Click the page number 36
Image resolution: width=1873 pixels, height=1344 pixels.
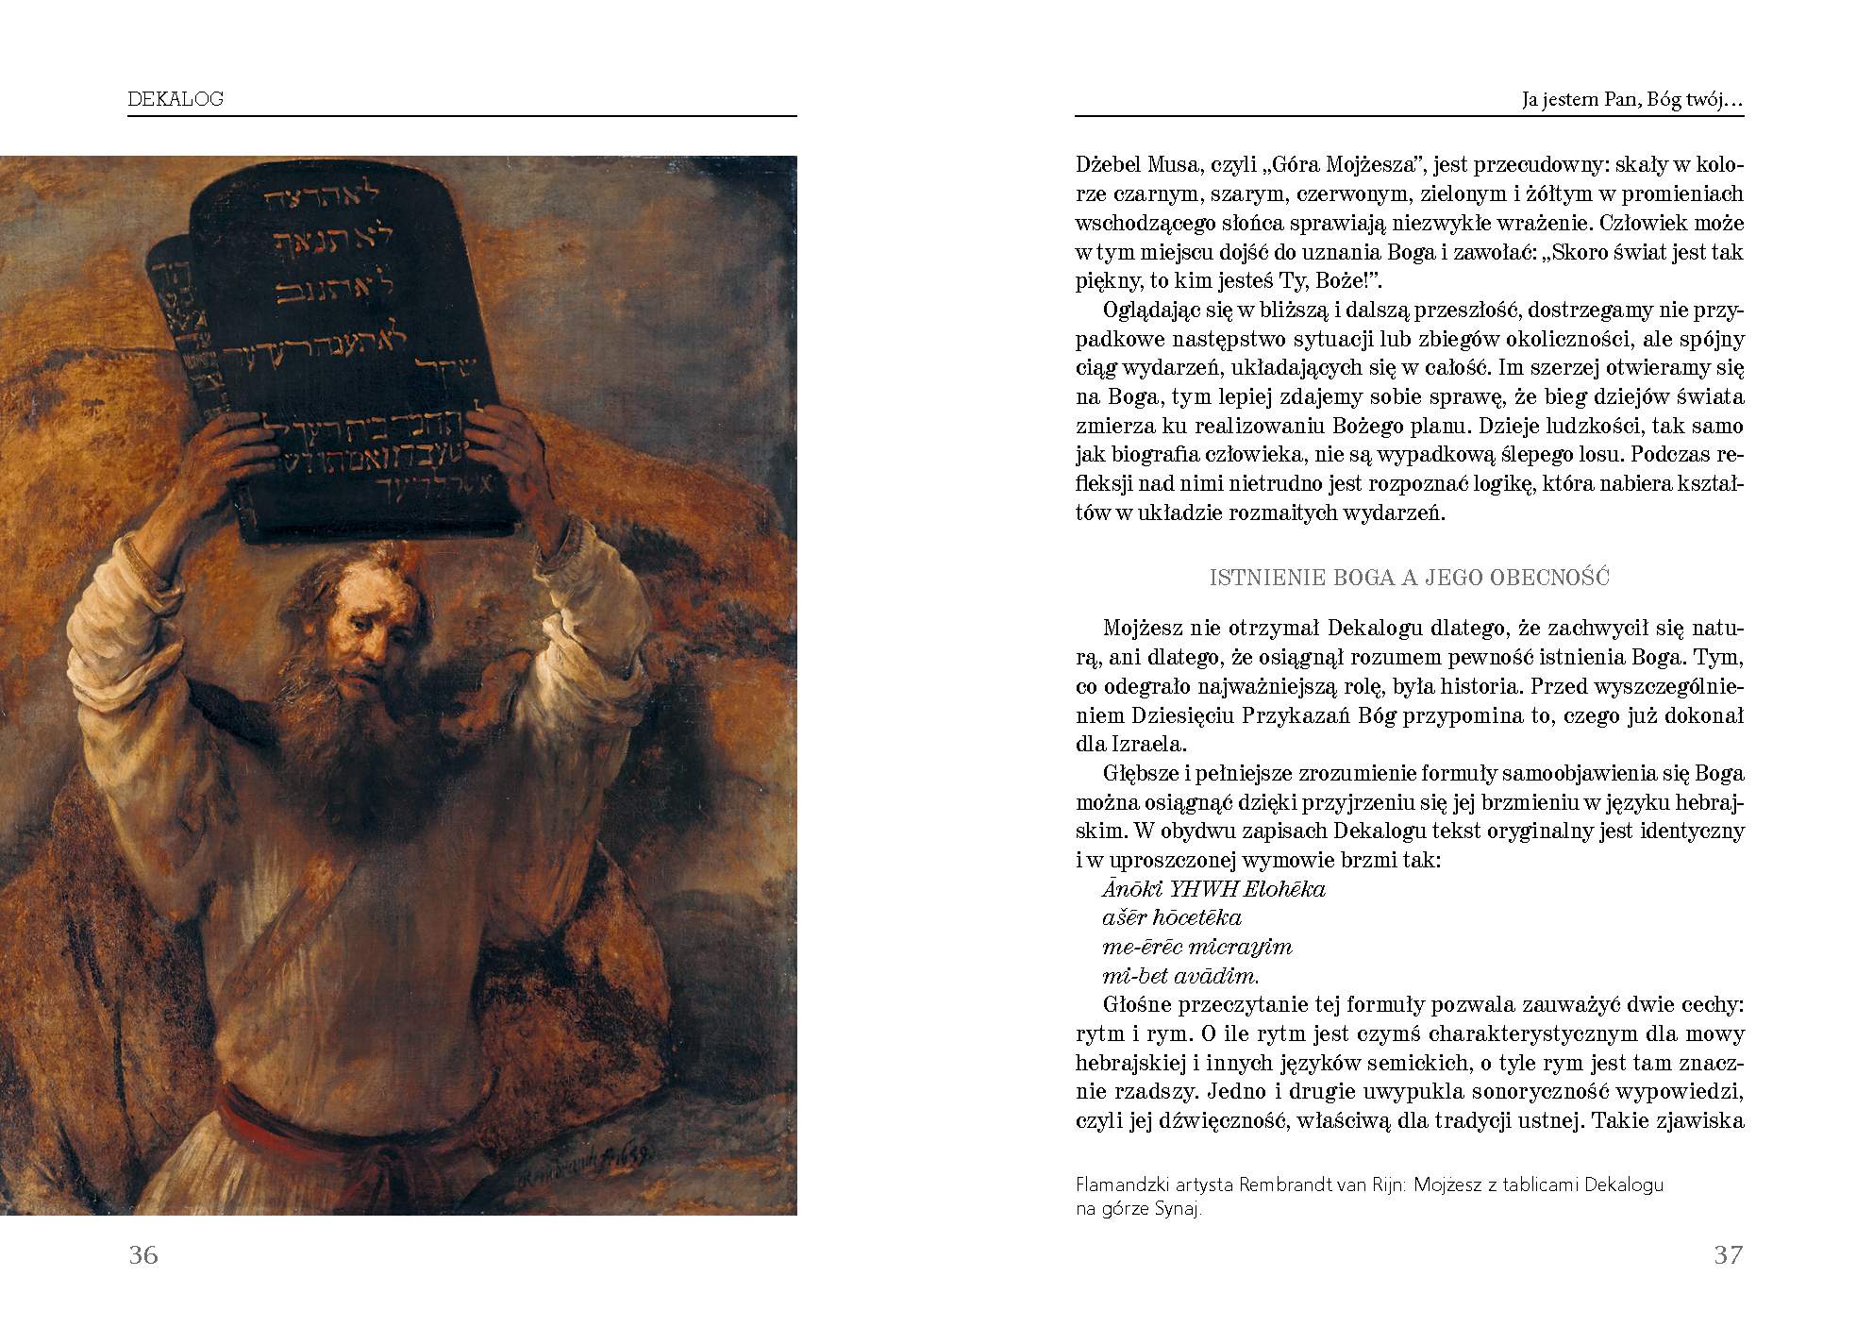(143, 1254)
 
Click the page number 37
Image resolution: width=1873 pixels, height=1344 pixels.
(1728, 1254)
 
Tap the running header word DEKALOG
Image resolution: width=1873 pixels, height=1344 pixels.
(176, 99)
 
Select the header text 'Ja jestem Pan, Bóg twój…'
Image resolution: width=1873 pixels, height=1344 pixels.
(1631, 99)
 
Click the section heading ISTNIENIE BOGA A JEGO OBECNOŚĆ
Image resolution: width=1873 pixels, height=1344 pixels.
(1409, 578)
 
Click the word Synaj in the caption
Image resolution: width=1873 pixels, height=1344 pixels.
(1178, 1208)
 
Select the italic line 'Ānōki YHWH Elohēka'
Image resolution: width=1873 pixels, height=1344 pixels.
(1213, 889)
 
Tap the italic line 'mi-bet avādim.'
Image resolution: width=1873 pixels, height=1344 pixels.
(1180, 976)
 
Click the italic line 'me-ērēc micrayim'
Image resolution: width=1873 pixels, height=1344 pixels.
(1196, 947)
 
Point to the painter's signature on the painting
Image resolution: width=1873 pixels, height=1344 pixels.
(585, 1167)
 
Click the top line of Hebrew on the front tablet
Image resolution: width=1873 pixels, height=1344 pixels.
(321, 196)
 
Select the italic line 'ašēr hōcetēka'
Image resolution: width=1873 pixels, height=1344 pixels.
(1171, 917)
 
